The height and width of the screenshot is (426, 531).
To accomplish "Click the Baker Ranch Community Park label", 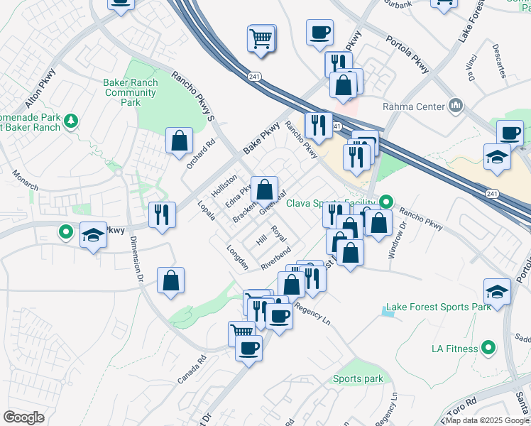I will [131, 92].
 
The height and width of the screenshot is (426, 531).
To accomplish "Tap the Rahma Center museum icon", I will [456, 107].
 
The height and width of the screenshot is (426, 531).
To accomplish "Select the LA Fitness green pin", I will [488, 348].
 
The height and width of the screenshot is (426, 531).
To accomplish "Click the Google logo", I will [23, 417].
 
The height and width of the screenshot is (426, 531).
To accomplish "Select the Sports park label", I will [358, 379].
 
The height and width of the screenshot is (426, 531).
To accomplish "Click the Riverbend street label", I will [276, 258].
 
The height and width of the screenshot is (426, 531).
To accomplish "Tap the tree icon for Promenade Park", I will [70, 121].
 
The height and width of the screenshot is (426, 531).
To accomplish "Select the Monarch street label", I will [26, 180].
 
